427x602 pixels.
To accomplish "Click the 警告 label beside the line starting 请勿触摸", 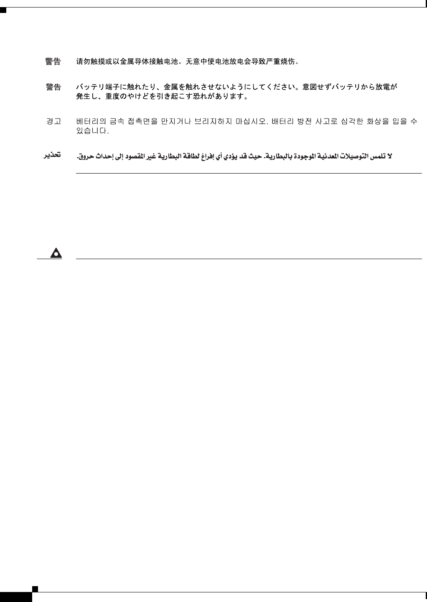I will tap(53, 62).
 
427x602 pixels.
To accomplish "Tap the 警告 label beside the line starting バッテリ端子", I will tap(53, 87).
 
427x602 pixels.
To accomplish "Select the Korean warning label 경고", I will tap(53, 121).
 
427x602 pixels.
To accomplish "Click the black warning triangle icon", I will tap(56, 253).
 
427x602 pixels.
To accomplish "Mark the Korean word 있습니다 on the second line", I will tap(92, 131).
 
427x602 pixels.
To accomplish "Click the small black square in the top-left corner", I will tap(3, 9).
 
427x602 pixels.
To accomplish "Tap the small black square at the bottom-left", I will tap(36, 589).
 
